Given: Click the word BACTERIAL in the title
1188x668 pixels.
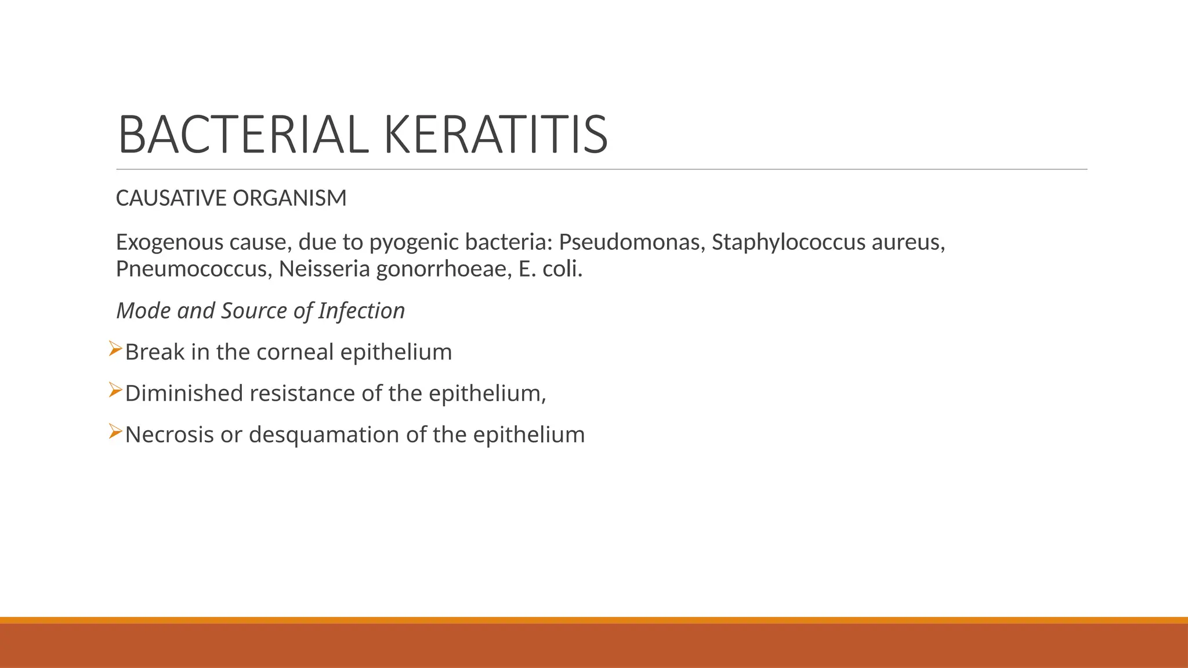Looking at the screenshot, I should coord(243,135).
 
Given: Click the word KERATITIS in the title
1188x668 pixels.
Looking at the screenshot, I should coord(495,135).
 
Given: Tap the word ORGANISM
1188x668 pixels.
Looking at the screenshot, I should coord(289,198).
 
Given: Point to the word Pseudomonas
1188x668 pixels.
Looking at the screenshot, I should coord(630,242).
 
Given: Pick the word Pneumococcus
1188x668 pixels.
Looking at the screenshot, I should coord(191,269).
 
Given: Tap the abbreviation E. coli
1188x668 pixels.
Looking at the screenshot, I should coord(549,269).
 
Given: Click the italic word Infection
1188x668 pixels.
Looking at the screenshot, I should coord(361,311).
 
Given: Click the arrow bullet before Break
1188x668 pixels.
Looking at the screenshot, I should coord(115,349).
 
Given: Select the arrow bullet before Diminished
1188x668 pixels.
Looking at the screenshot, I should coord(115,390).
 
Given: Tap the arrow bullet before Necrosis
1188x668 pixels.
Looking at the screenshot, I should coord(115,431).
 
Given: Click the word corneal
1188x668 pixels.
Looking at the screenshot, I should coord(295,352).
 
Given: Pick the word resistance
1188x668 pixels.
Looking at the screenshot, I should coord(302,393).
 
